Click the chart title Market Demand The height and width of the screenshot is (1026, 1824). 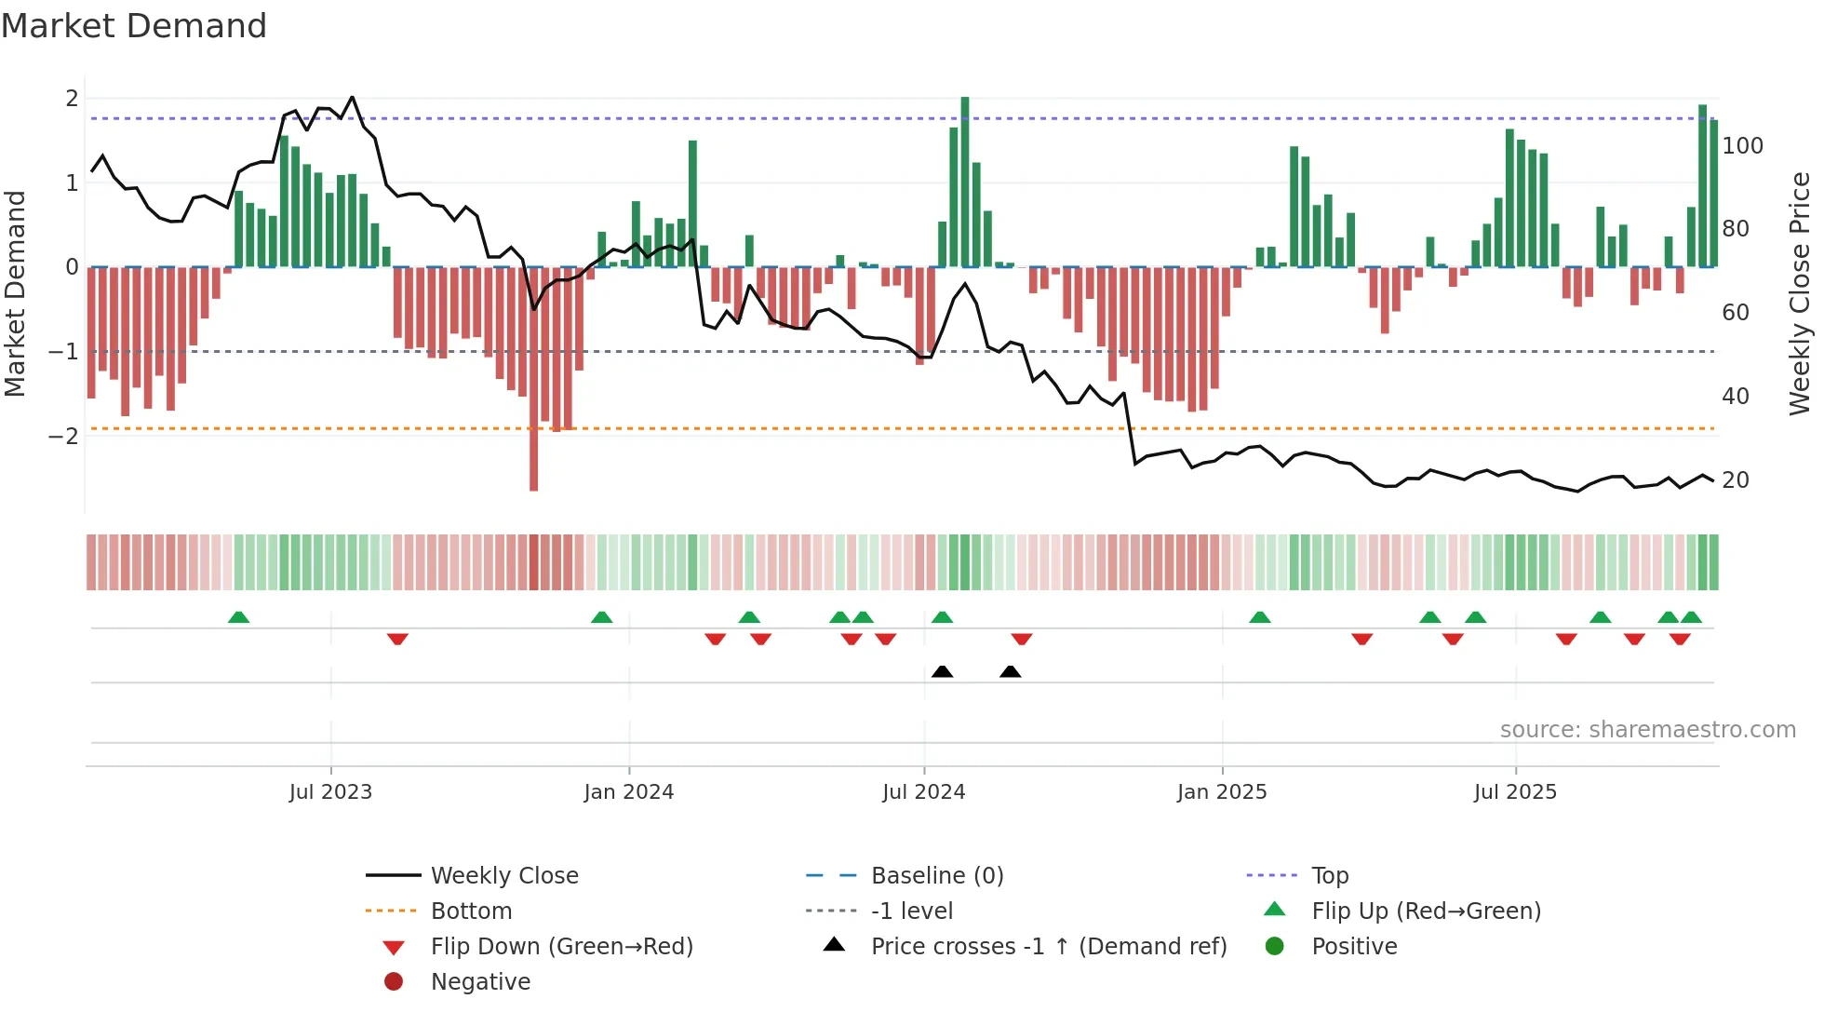[134, 26]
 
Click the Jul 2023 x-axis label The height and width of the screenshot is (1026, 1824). [330, 792]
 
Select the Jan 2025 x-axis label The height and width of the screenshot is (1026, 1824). [1222, 792]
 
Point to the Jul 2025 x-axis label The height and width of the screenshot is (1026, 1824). [1515, 792]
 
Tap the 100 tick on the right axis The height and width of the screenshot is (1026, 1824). [1742, 146]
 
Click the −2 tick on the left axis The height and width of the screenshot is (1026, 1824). [63, 437]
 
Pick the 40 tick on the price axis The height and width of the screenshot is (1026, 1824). [1736, 397]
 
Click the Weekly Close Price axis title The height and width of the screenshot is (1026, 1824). [1800, 293]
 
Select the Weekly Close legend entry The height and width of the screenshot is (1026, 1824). [503, 876]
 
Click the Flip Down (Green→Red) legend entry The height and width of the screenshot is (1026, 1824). [561, 947]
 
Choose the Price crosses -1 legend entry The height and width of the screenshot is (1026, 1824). [1048, 947]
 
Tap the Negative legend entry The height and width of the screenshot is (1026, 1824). [480, 982]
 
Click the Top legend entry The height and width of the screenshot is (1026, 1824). [1330, 876]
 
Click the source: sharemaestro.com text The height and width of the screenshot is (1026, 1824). [1647, 730]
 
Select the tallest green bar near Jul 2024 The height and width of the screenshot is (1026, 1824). [965, 177]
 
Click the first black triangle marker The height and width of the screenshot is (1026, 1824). [942, 671]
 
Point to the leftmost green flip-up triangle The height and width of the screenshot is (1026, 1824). [238, 617]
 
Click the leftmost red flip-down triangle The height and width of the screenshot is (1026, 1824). [397, 639]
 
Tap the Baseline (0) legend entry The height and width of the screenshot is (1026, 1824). [936, 876]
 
